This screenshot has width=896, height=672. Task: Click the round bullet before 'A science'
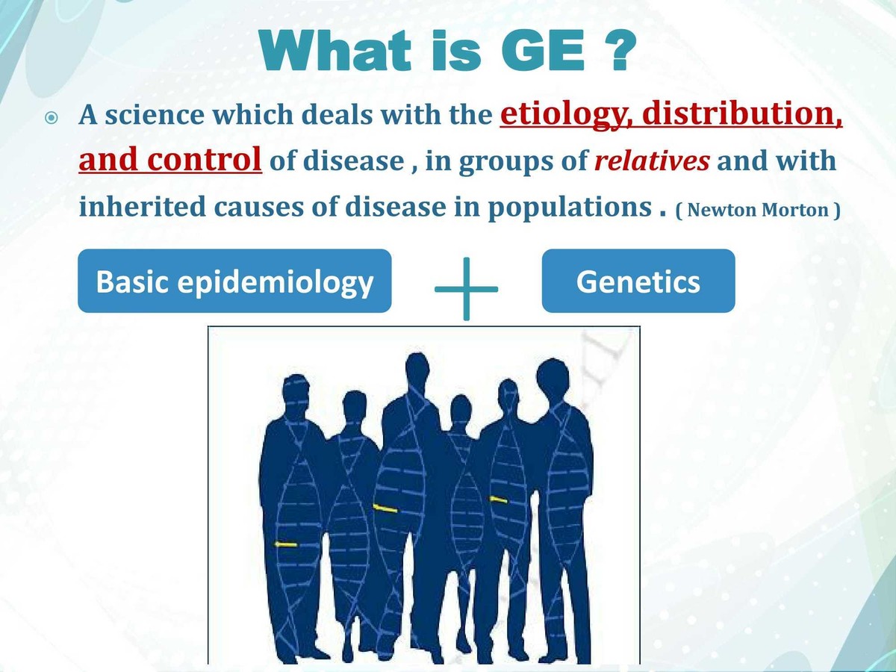(50, 119)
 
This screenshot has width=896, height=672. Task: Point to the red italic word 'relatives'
(651, 161)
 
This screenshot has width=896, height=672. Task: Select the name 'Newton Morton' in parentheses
(758, 210)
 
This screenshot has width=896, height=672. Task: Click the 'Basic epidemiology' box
(234, 281)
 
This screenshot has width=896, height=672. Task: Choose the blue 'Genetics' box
(638, 281)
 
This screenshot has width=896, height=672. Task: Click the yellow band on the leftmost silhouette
(285, 544)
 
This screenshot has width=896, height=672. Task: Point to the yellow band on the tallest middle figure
(385, 508)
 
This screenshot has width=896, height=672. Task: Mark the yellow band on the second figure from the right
(498, 499)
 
